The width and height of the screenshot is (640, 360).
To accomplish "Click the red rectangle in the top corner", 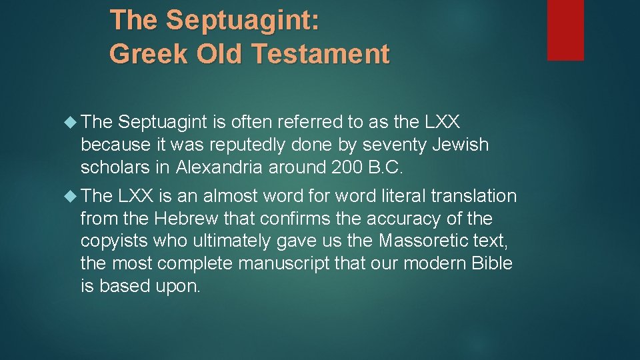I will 565,29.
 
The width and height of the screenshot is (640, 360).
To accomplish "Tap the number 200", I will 347,167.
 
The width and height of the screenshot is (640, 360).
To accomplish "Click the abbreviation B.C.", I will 387,167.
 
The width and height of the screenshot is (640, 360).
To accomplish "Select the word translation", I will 474,197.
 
